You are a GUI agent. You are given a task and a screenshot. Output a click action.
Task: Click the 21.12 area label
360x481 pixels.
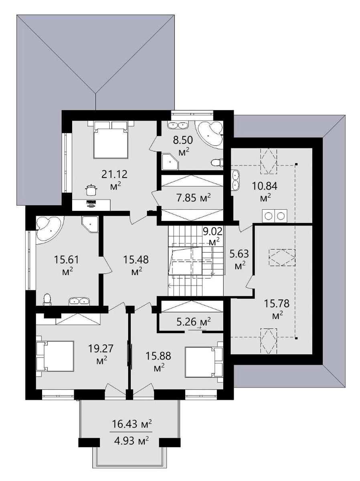point(114,174)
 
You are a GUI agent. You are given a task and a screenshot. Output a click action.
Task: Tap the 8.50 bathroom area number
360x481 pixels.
point(183,140)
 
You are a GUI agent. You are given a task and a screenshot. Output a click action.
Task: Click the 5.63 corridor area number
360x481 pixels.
point(241,254)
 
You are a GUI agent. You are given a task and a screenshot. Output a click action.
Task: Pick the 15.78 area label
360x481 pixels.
point(277,304)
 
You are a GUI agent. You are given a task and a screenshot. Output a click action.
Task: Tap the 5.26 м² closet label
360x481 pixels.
point(194,321)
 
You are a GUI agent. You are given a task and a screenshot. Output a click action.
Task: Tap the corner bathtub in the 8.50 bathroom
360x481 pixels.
point(211,135)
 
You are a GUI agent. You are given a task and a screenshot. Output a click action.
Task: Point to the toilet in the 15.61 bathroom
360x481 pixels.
point(47,299)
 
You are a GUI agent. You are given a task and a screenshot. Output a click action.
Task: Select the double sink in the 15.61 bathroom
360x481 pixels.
point(79,301)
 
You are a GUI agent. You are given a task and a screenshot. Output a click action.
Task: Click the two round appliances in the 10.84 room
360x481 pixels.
point(274,216)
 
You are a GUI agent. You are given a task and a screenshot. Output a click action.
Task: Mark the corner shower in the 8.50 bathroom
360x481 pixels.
point(170,162)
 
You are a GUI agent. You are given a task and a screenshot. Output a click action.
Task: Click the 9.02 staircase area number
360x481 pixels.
point(212,232)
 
